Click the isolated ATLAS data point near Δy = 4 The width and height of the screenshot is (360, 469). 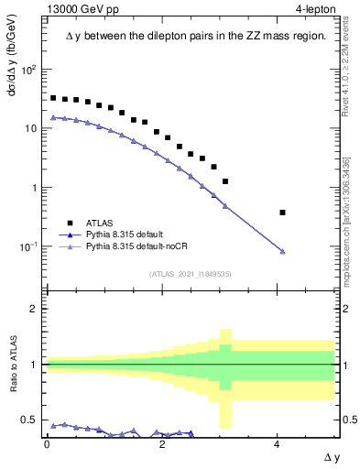(x=282, y=213)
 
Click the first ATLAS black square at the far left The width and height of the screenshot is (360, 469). (x=53, y=97)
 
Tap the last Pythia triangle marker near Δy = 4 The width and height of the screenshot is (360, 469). (x=282, y=252)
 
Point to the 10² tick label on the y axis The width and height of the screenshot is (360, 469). (x=27, y=70)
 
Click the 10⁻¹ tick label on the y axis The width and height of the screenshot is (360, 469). (x=27, y=246)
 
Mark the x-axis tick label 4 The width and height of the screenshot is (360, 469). (x=277, y=443)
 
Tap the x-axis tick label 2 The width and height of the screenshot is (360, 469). (x=162, y=443)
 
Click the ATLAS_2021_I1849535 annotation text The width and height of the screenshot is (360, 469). (x=177, y=273)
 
